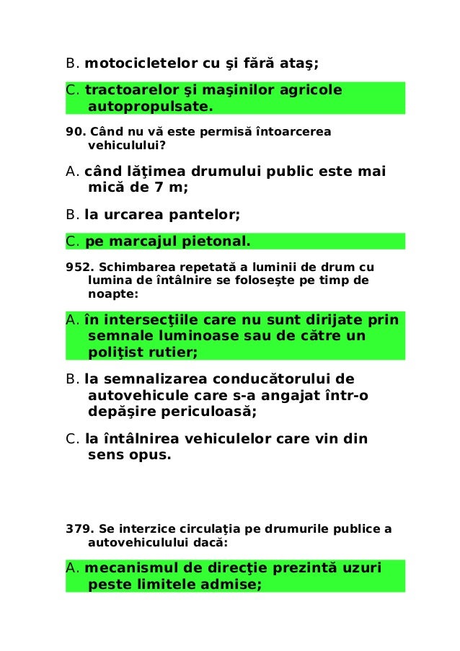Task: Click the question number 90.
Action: pyautogui.click(x=74, y=132)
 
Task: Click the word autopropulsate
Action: pyautogui.click(x=149, y=107)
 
